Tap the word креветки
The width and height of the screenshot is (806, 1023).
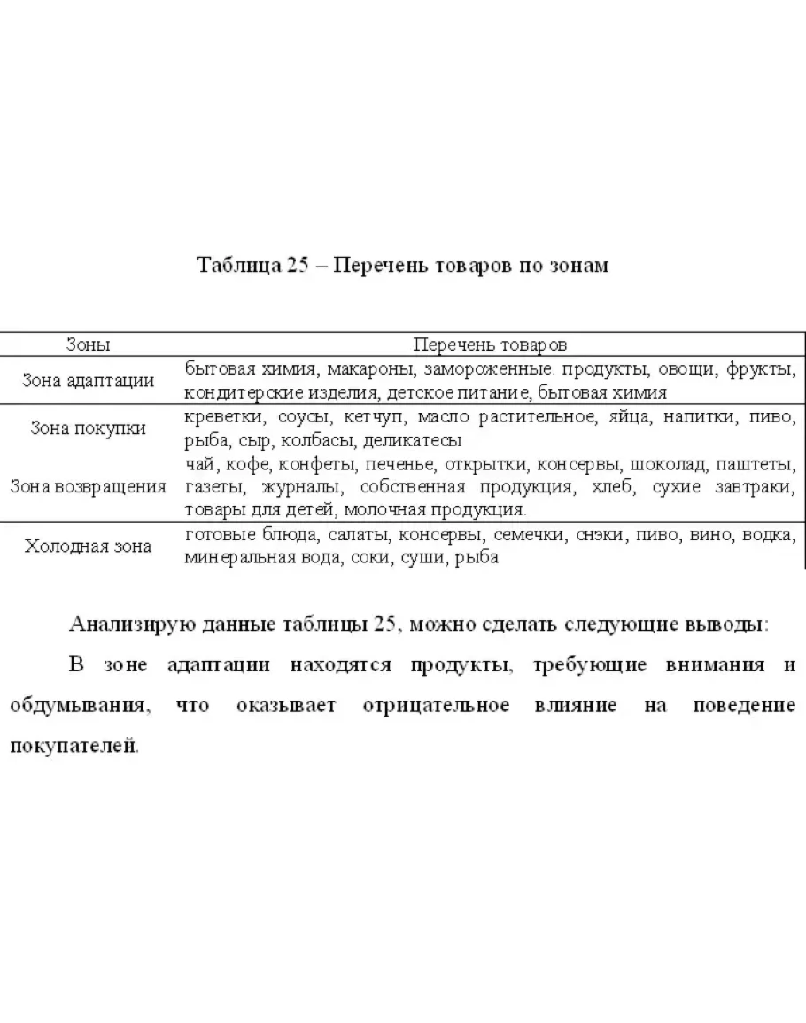[x=222, y=416]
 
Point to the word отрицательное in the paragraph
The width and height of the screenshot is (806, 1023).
[x=436, y=706]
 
